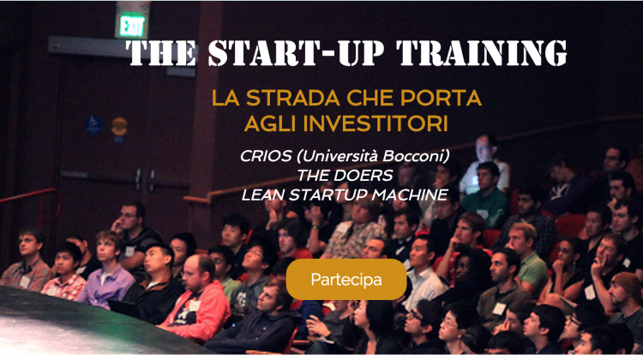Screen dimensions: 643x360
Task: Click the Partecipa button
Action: coord(346,279)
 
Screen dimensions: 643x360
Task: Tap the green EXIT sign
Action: coord(132,26)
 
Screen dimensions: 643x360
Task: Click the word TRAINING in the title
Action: coord(482,53)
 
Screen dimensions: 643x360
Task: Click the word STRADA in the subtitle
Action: coord(293,98)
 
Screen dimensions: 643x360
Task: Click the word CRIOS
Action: coord(266,156)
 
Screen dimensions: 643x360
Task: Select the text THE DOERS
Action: coord(345,176)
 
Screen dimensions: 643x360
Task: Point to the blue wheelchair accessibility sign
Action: coord(93,124)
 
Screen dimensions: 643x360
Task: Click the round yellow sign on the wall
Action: coord(119,126)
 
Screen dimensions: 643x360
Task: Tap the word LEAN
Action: coord(263,195)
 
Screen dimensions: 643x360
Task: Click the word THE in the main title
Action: coord(161,53)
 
